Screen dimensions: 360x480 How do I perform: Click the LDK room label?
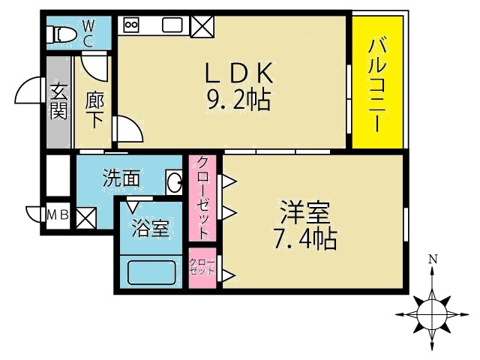click(x=238, y=72)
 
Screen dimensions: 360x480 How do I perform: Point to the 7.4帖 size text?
click(x=304, y=239)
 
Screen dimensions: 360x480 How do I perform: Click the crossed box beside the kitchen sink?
click(x=201, y=25)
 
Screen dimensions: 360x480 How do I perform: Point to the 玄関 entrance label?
click(x=58, y=101)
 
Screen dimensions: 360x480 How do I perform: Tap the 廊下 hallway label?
click(x=94, y=109)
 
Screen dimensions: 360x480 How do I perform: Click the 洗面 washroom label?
click(x=121, y=178)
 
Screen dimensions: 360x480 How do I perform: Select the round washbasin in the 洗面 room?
click(x=175, y=181)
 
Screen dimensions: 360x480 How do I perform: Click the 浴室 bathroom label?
click(x=150, y=229)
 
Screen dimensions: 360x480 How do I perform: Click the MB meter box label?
click(x=58, y=216)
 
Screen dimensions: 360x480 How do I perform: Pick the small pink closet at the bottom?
click(x=202, y=267)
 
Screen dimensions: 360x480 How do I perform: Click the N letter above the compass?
click(x=433, y=260)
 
